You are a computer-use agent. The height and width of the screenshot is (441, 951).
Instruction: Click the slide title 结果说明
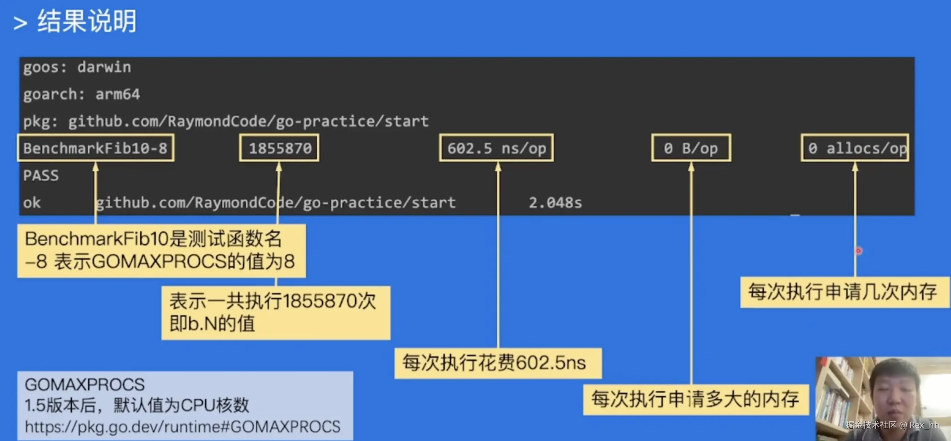[87, 22]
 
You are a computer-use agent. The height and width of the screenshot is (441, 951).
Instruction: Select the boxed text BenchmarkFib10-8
[95, 148]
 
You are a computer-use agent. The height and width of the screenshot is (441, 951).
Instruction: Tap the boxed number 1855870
[280, 148]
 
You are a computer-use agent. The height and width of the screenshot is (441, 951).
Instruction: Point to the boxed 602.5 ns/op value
[496, 148]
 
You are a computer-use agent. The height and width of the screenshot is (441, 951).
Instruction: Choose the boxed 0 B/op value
[691, 148]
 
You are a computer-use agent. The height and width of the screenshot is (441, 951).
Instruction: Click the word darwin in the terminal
[104, 67]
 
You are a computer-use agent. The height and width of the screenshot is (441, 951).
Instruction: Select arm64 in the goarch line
[118, 94]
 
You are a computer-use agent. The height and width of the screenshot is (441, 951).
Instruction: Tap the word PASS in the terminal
[41, 175]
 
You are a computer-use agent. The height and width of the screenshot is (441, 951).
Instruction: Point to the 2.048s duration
[555, 203]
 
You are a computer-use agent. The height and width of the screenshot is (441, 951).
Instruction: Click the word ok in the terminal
[32, 203]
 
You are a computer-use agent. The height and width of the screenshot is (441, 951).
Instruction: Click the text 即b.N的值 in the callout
[212, 324]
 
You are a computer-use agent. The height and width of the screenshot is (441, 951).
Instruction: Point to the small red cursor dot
[858, 251]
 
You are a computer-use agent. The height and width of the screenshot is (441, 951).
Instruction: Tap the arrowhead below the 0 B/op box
[691, 167]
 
